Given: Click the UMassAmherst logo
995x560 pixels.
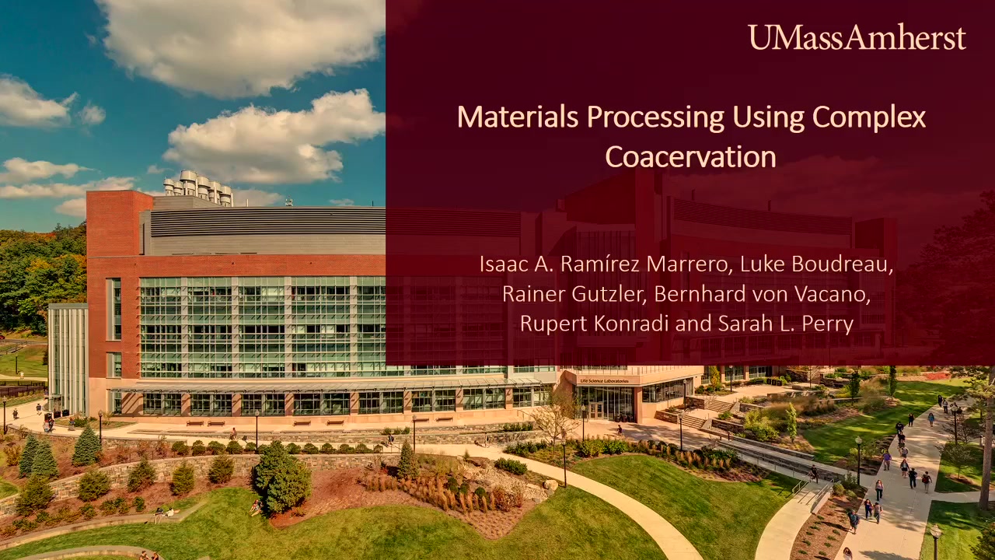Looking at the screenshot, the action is click(x=857, y=37).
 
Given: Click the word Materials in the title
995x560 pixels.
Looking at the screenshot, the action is click(x=518, y=117).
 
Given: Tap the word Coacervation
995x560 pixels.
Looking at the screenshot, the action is click(x=691, y=156).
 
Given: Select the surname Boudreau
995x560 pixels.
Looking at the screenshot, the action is click(x=842, y=264).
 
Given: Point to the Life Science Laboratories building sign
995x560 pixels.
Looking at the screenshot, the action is click(x=604, y=381).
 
